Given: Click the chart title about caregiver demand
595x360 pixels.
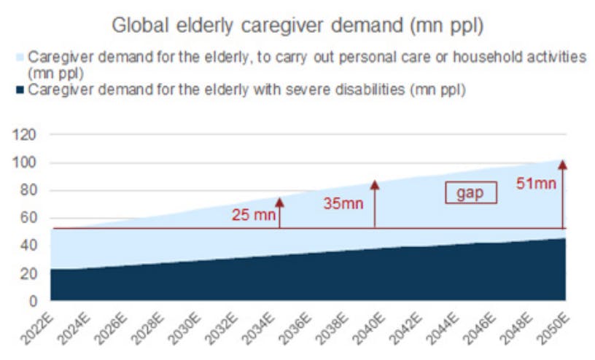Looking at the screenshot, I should tap(297, 27).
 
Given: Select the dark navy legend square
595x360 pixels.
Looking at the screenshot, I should tap(20, 90).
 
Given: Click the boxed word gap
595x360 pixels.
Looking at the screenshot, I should tap(471, 192).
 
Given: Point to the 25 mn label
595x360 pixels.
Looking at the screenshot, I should tap(252, 215).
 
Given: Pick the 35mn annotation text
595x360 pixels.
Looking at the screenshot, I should tap(343, 203).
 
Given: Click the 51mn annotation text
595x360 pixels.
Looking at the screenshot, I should tap(536, 184).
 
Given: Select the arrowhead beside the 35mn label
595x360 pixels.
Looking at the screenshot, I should tap(375, 184).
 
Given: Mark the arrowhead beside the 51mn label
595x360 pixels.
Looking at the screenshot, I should tap(563, 165).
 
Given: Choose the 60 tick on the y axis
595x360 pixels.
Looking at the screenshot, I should tap(28, 218).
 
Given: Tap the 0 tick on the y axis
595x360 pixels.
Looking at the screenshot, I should tap(32, 300).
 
